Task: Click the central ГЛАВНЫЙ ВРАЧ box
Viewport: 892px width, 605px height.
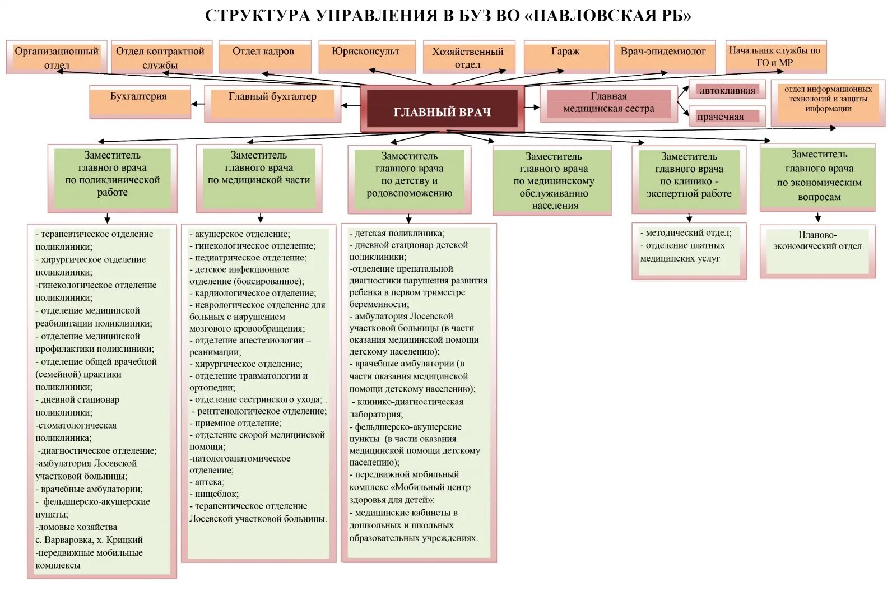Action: point(442,109)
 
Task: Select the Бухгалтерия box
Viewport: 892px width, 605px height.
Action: point(140,101)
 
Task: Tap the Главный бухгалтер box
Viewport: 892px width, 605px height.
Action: point(272,103)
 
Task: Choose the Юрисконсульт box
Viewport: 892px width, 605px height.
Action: point(366,57)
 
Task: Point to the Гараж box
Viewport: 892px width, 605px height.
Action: point(566,57)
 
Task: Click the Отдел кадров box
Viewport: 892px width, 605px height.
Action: point(264,57)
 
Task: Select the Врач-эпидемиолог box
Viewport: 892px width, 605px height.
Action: point(664,57)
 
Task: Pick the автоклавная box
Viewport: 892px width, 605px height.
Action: point(727,91)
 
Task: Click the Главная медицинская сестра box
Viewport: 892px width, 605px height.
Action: point(608,103)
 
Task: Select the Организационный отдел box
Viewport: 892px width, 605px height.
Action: point(56,57)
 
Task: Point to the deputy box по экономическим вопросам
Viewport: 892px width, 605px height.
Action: point(818,176)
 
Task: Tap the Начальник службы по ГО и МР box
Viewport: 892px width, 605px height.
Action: point(775,57)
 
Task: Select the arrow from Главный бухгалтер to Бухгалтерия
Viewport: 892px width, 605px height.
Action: point(198,104)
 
